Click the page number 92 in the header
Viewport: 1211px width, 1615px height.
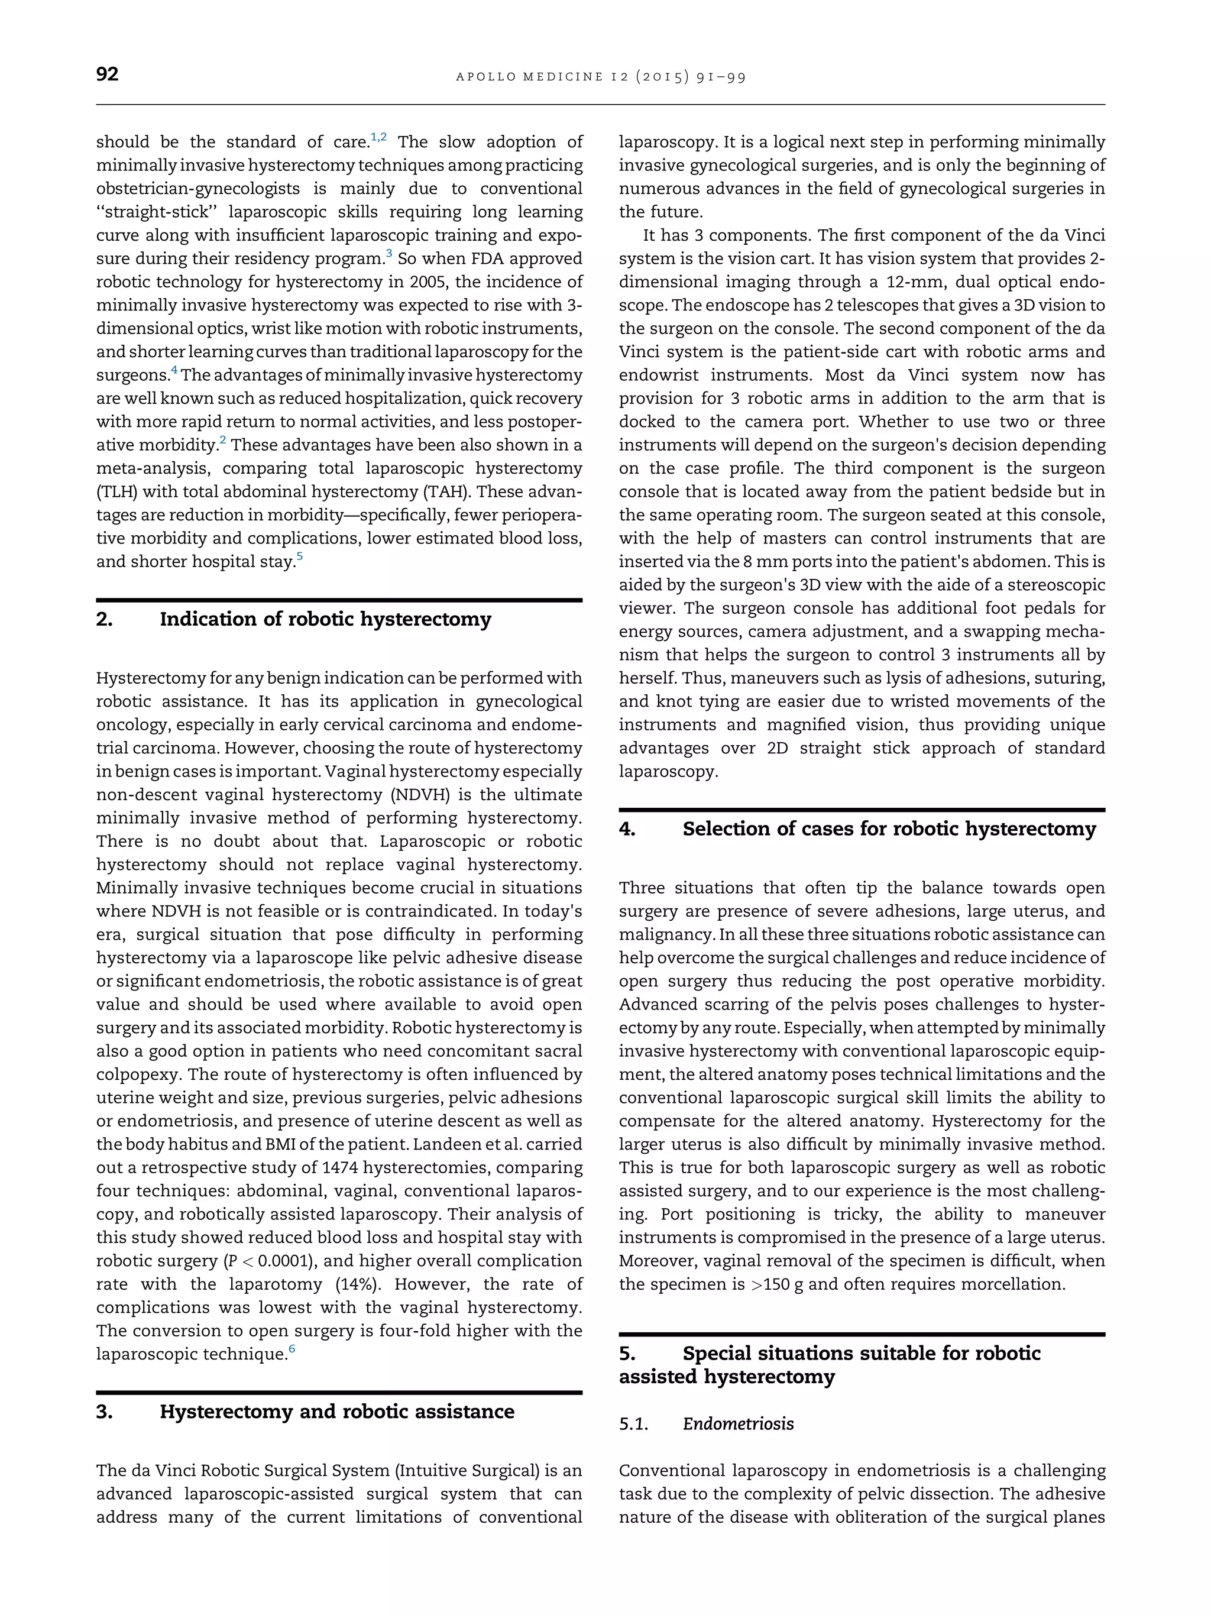coord(107,75)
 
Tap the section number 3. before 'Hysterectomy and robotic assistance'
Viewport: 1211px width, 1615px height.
coord(105,1412)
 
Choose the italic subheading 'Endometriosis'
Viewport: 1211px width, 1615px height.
coord(738,1424)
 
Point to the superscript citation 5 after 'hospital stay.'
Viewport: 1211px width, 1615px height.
coord(299,557)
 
